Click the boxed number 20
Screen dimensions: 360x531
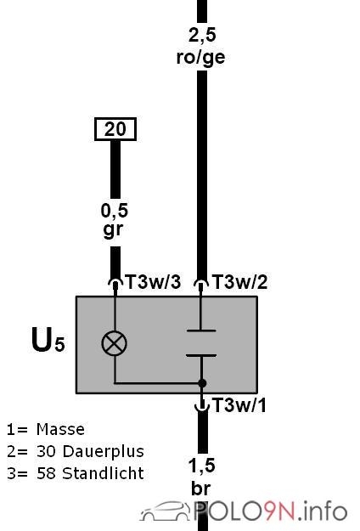coord(115,128)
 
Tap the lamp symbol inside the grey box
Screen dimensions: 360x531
coord(115,343)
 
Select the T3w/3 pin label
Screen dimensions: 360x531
coord(154,282)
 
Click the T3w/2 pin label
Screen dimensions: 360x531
coord(240,282)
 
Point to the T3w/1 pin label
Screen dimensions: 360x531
coord(239,404)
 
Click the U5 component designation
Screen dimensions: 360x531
coord(48,340)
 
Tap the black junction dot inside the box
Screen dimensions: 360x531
coord(202,383)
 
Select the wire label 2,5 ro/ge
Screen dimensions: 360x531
coord(201,47)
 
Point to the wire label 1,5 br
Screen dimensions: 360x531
coord(202,477)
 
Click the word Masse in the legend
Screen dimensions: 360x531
coord(60,429)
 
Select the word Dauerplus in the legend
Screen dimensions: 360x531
coord(104,451)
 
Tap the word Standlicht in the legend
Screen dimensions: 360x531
coord(104,473)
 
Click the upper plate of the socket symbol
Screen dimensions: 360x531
coord(201,330)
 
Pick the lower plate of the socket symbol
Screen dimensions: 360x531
coord(201,356)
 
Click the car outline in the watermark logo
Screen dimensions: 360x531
coord(166,511)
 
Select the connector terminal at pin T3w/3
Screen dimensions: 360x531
coord(115,284)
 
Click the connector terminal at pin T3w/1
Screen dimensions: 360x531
coord(202,406)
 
